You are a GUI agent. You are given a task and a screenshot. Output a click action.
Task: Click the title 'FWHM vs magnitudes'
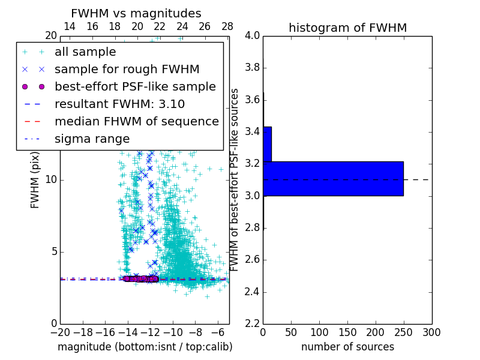click(x=136, y=13)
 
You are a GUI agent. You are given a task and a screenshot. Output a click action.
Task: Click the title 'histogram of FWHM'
click(x=347, y=28)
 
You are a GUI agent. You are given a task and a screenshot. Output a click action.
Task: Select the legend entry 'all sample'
click(x=85, y=52)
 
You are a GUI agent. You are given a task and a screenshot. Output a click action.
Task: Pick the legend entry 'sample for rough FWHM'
click(x=127, y=70)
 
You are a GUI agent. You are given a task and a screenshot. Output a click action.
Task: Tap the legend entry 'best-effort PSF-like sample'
click(x=135, y=86)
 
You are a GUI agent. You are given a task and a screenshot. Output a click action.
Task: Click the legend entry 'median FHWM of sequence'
click(x=136, y=121)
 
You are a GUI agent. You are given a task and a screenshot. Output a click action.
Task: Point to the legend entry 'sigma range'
click(x=92, y=139)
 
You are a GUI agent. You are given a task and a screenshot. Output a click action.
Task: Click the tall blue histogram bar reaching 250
click(x=333, y=178)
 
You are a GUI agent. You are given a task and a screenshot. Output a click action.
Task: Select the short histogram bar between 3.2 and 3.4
click(x=268, y=144)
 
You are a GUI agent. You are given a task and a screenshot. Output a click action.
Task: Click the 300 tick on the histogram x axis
click(x=431, y=332)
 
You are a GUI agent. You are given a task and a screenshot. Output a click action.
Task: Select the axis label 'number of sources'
click(x=347, y=347)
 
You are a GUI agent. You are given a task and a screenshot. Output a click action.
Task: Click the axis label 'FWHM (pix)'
click(x=35, y=180)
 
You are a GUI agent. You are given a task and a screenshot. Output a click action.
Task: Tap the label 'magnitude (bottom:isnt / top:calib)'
click(x=145, y=347)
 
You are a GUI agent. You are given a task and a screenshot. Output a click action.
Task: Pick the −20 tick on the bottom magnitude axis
click(x=60, y=332)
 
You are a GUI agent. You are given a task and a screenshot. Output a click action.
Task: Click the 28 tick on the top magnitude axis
click(x=227, y=26)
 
